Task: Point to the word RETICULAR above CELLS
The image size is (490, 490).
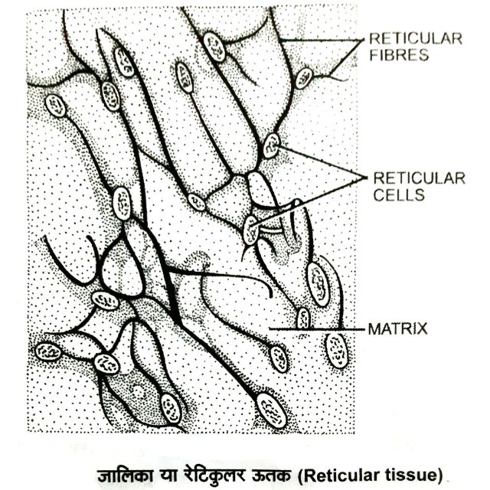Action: pos(419,178)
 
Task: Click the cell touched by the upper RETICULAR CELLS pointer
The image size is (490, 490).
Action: pos(271,145)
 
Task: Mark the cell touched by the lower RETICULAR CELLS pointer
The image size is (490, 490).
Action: pos(251,230)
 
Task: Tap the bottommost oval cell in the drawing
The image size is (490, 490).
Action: pos(271,410)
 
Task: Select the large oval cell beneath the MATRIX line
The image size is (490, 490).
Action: pos(336,350)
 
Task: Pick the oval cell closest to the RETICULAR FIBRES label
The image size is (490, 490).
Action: pos(304,77)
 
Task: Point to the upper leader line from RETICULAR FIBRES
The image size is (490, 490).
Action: pos(322,40)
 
